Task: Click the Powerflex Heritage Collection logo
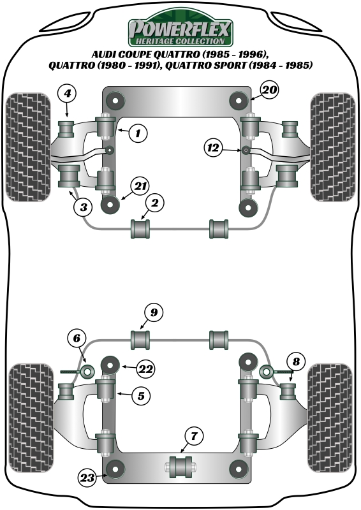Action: point(180,28)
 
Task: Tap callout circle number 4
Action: point(67,93)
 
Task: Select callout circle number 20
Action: point(269,90)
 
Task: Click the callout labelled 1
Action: point(138,133)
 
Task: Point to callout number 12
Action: point(214,148)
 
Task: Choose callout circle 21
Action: point(140,186)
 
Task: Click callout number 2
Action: point(154,203)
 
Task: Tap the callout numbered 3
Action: point(83,207)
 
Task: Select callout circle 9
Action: point(154,312)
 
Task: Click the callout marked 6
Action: point(77,339)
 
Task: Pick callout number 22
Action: point(145,369)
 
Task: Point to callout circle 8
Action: point(296,361)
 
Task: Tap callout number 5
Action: point(140,396)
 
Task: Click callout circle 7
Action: point(194,436)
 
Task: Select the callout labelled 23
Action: point(87,477)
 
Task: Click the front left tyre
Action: point(29,147)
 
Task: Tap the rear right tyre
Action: point(330,418)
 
